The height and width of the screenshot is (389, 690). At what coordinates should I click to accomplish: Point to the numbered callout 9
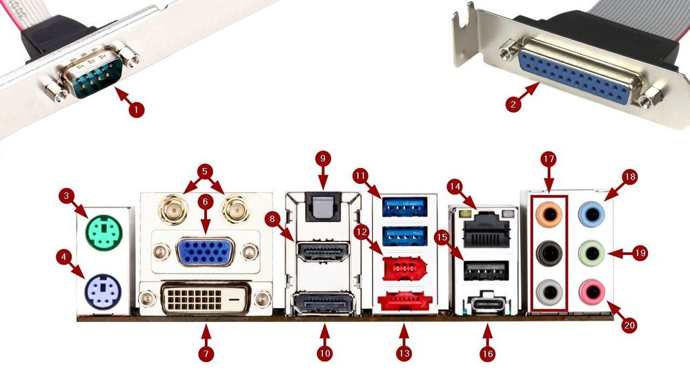323,158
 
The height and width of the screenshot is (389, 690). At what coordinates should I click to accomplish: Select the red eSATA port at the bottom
404,302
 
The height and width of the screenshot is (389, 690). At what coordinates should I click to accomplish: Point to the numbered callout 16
487,352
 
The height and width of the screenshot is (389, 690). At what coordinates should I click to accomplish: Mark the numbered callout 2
512,104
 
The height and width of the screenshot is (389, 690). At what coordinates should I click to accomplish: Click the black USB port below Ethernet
487,270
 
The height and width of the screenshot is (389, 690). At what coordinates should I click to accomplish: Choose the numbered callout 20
629,325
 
